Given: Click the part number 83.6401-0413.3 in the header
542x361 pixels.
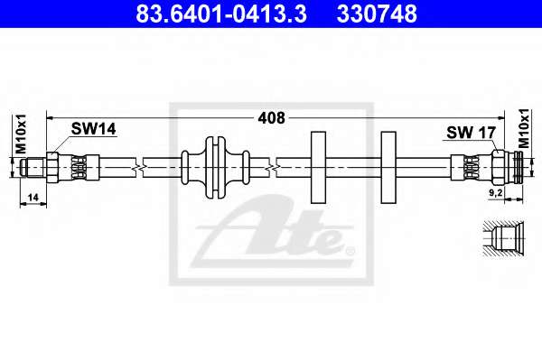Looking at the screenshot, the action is [x=221, y=14].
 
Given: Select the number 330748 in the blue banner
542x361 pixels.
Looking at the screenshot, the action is [x=377, y=14].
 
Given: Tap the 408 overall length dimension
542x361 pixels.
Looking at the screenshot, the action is [x=272, y=118].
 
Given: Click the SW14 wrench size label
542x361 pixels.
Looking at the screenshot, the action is [x=94, y=129].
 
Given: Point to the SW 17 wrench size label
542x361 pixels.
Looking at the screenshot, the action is [x=472, y=133].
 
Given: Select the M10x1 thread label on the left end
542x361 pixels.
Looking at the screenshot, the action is [x=21, y=134].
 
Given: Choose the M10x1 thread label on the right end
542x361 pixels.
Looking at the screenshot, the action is [x=524, y=128].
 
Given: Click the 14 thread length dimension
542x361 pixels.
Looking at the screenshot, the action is [x=33, y=198].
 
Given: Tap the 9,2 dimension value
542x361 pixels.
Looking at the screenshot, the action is [x=496, y=193].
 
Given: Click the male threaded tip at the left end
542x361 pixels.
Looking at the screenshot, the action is [x=33, y=167].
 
